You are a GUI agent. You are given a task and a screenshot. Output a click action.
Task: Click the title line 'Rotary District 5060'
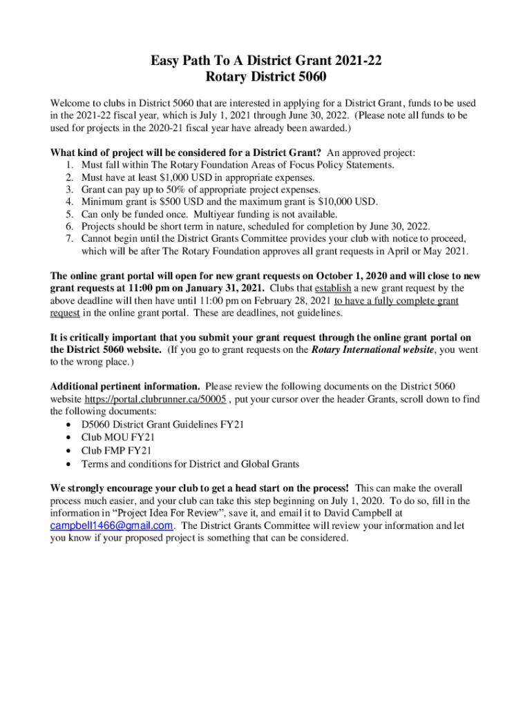tap(266, 77)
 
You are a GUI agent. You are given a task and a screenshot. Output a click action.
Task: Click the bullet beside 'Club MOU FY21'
tap(66, 438)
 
